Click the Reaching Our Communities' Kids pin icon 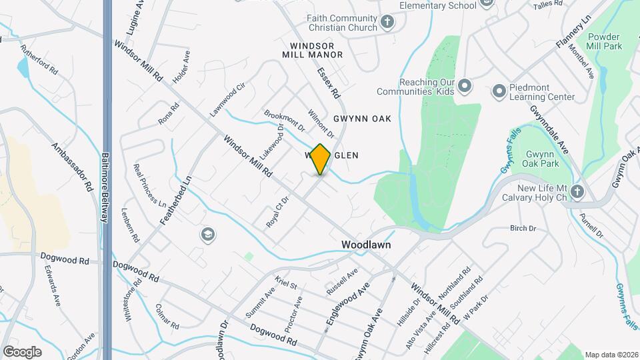coord(465,85)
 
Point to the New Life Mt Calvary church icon coord(577,192)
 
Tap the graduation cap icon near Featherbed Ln coord(207,234)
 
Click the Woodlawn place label coord(366,245)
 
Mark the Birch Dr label coord(523,228)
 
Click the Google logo coord(21,352)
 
